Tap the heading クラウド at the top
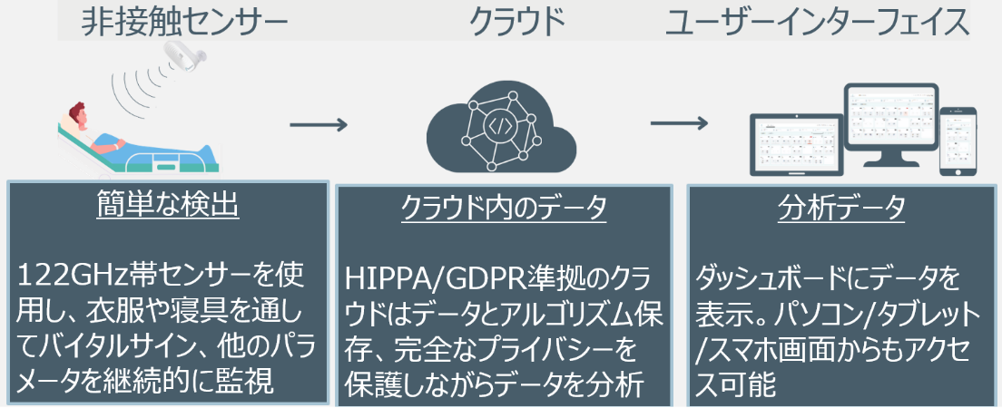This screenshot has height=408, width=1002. point(516,22)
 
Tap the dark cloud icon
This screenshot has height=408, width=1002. point(501,131)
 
